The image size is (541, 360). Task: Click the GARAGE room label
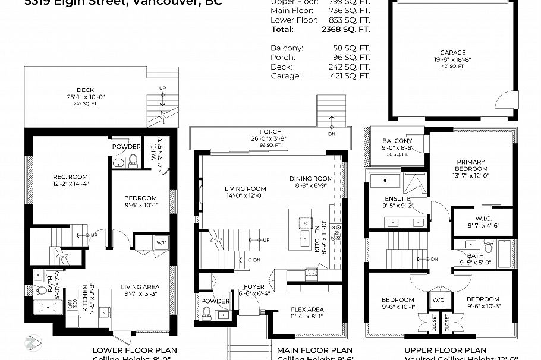click(x=452, y=53)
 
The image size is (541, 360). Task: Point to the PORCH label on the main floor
click(x=270, y=132)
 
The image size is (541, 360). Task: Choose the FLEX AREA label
click(x=307, y=310)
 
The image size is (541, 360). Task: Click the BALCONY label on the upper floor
click(x=398, y=141)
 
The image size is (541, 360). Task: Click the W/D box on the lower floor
click(x=161, y=242)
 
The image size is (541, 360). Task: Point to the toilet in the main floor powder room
click(x=206, y=312)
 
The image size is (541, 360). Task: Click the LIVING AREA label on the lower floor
click(x=140, y=286)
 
